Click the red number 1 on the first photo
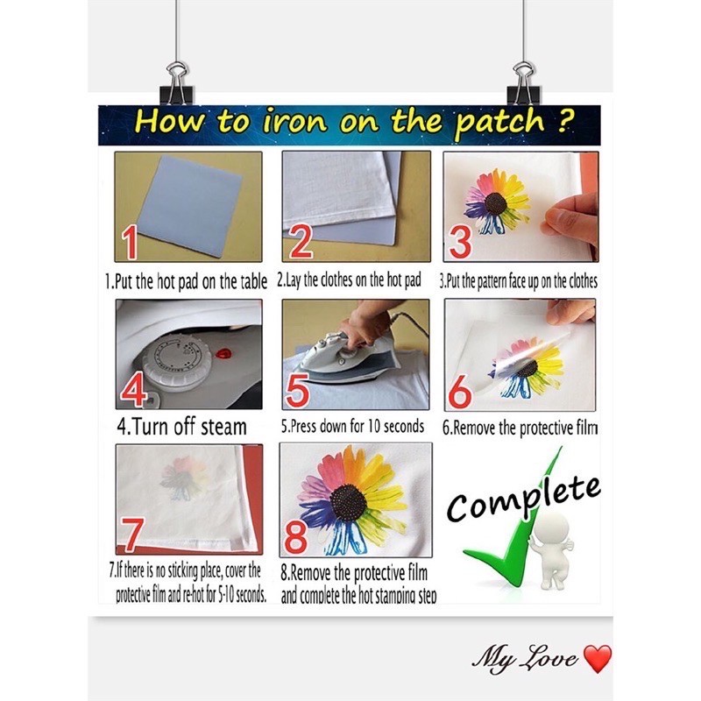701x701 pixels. click(x=130, y=243)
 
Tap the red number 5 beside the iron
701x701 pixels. click(x=298, y=391)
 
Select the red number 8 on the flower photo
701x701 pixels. click(x=295, y=536)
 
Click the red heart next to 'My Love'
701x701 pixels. click(x=598, y=659)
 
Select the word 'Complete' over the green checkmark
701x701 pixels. click(x=523, y=499)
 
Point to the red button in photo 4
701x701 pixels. click(x=223, y=356)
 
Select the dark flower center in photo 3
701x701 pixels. click(x=495, y=203)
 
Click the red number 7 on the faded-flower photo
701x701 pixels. click(x=130, y=535)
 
